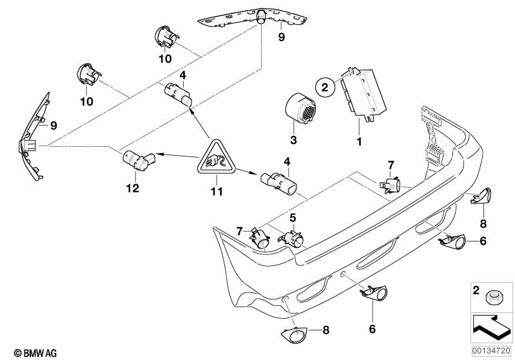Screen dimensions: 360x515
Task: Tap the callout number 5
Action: (293, 218)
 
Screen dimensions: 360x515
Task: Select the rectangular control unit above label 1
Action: (364, 93)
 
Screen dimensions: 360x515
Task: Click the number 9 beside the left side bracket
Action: (54, 125)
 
